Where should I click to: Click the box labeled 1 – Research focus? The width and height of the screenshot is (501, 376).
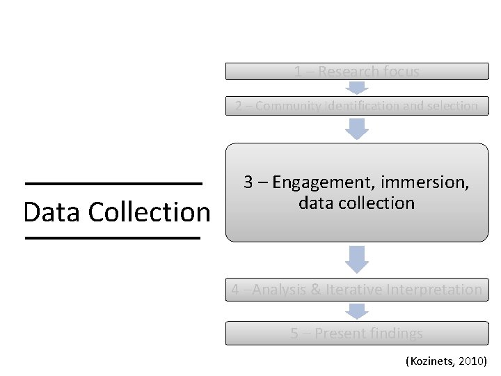[x=356, y=72]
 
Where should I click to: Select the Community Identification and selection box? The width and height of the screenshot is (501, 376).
[x=356, y=106]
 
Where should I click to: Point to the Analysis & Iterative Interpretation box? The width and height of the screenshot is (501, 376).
[x=356, y=290]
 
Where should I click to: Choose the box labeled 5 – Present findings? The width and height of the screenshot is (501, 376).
[x=356, y=334]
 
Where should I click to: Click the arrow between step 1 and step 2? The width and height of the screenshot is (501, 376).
[x=357, y=88]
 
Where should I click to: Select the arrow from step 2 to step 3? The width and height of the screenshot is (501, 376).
[x=357, y=128]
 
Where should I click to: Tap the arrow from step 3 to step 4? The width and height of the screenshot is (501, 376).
[x=357, y=258]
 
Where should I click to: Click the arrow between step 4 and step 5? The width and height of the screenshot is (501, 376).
[x=357, y=311]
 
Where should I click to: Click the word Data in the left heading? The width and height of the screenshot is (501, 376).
[x=53, y=212]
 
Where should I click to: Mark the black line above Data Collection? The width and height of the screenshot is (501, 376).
[x=113, y=184]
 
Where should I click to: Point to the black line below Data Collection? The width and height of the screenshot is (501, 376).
[x=113, y=238]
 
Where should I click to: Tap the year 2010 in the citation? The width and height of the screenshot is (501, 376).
[x=472, y=361]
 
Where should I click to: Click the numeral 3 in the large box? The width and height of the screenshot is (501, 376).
[x=248, y=182]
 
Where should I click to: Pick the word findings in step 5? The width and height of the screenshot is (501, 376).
[x=396, y=334]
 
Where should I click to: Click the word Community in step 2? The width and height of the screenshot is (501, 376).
[x=286, y=106]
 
